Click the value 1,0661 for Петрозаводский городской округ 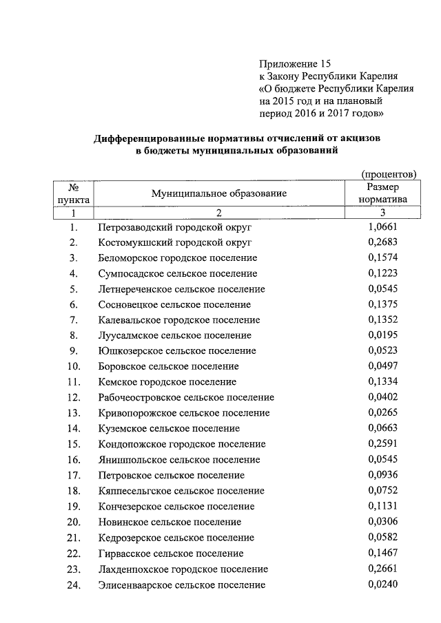383,226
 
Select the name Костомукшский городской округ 176,242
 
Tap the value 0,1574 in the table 383,257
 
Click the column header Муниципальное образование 219,193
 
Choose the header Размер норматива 383,193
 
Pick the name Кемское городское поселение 167,381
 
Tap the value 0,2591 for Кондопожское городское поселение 383,443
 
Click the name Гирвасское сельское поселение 171,553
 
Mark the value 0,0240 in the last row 383,584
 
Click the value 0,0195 383,335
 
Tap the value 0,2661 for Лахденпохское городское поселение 383,568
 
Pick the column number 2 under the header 218,213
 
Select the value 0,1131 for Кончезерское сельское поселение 383,506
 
